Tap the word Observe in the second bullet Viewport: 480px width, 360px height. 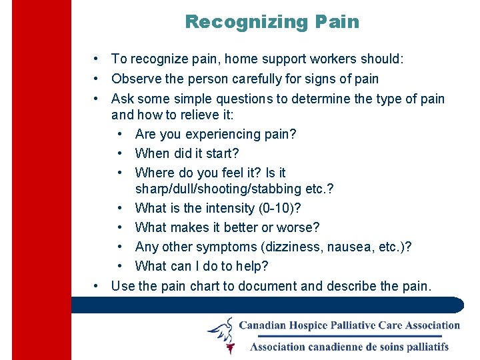pyautogui.click(x=135, y=79)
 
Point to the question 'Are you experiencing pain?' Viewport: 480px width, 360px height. pyautogui.click(x=215, y=134)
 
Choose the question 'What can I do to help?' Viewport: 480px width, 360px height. pyautogui.click(x=201, y=267)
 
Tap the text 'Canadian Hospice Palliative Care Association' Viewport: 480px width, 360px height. pyautogui.click(x=349, y=325)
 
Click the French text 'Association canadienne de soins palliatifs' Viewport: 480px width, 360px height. pyautogui.click(x=349, y=346)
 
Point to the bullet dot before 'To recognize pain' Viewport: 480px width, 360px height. pyautogui.click(x=97, y=59)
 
